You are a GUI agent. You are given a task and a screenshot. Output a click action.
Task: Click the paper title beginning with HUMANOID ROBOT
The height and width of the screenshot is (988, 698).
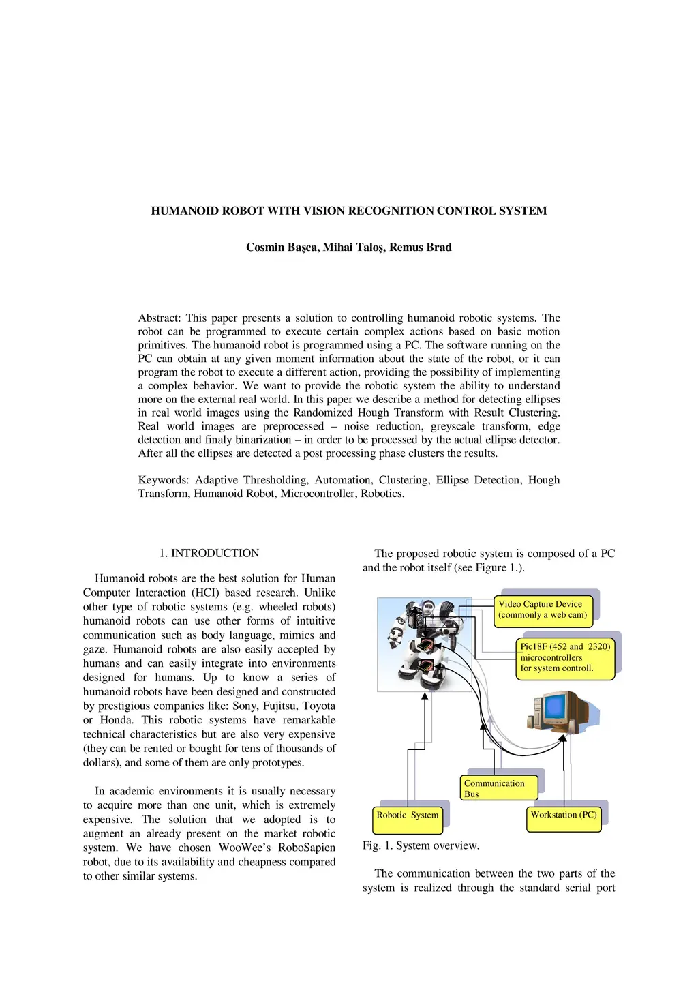point(348,211)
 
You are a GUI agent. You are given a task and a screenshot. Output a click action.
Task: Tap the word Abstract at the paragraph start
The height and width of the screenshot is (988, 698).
point(160,318)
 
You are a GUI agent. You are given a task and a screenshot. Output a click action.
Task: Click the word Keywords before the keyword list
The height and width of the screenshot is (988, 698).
point(162,480)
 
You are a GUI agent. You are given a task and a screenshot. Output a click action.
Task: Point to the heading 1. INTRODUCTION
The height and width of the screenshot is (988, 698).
point(209,553)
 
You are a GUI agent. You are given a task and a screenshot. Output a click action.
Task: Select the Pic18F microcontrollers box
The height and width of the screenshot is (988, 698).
point(565,657)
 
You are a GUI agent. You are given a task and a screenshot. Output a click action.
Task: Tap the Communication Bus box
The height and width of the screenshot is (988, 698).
point(499,788)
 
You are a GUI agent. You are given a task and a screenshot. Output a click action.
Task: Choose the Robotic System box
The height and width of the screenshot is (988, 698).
point(408,816)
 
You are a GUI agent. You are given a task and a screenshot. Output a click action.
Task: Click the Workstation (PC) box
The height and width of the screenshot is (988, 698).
point(564,816)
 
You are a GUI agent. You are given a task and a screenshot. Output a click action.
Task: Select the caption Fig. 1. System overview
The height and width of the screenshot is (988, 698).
point(421,845)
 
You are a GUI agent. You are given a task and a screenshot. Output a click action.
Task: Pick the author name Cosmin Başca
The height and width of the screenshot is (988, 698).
point(282,247)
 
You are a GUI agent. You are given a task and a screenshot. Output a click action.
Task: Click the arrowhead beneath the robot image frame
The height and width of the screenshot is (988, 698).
point(425,696)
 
